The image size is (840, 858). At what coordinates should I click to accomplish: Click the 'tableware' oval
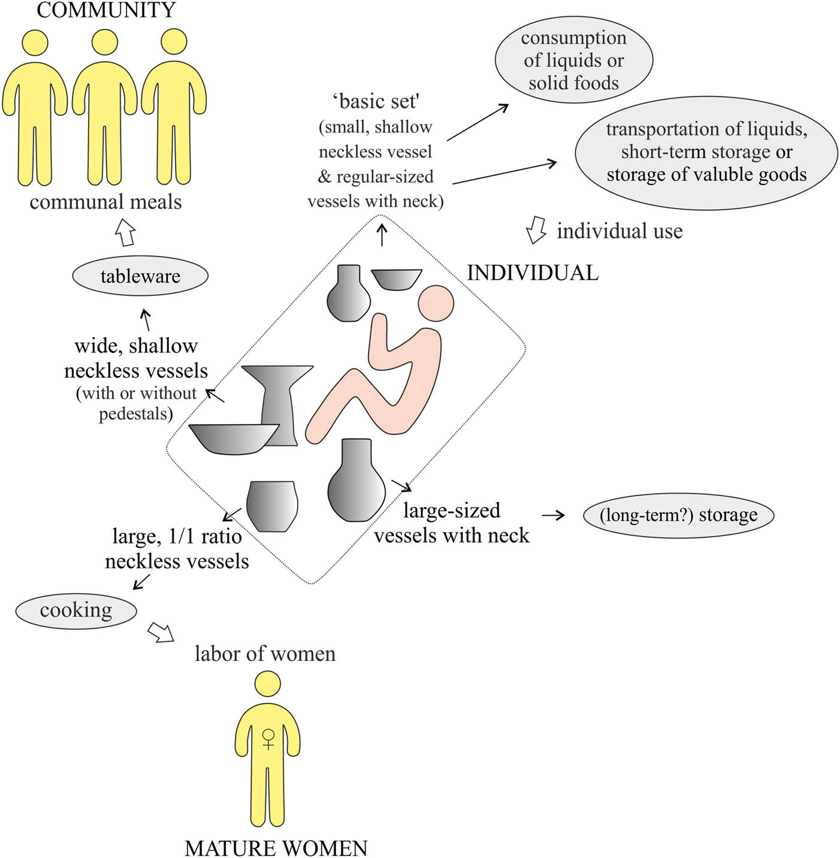pos(140,276)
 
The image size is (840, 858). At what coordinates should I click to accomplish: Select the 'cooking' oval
pos(76,611)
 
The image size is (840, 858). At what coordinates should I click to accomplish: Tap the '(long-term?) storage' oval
pos(678,515)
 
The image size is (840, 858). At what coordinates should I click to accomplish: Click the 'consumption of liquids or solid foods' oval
pos(573,60)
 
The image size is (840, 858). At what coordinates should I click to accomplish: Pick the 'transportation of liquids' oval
pos(706,152)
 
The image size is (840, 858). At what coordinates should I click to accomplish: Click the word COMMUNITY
pos(106,10)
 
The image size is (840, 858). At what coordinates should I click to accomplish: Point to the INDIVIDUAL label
pos(533,273)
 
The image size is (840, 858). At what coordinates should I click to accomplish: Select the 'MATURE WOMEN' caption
pos(276,848)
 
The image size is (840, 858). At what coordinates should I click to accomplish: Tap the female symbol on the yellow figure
pos(268,739)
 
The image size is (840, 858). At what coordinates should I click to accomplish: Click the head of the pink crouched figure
pos(436,303)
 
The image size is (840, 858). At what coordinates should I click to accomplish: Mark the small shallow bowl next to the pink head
pos(396,279)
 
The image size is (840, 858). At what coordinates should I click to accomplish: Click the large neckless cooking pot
pos(272,506)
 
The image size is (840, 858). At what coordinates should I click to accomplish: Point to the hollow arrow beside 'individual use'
pos(536,231)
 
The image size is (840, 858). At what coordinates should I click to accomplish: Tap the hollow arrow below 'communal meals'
pos(125,232)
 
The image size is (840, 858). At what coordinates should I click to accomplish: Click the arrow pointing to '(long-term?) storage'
pos(553,515)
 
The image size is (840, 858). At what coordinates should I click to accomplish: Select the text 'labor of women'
pos(265,654)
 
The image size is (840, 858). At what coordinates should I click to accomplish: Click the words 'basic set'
pos(376,102)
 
